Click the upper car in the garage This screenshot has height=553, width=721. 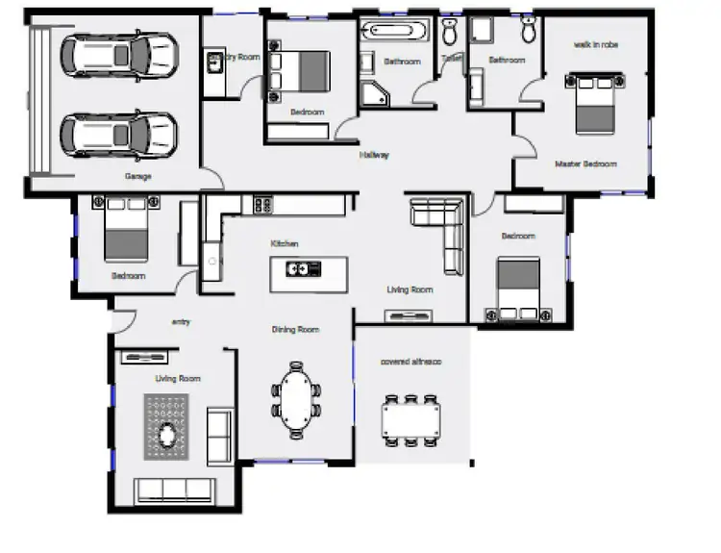pyautogui.click(x=120, y=54)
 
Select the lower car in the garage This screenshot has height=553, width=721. pyautogui.click(x=120, y=133)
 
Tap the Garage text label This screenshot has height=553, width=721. pyautogui.click(x=137, y=176)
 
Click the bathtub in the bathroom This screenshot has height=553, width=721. pyautogui.click(x=395, y=32)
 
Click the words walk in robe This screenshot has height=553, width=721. pyautogui.click(x=595, y=44)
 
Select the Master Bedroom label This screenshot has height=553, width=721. pyautogui.click(x=585, y=163)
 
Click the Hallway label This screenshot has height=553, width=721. pyautogui.click(x=374, y=155)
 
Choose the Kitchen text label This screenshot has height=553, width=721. pyautogui.click(x=285, y=243)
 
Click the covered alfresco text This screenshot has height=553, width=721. pyautogui.click(x=410, y=362)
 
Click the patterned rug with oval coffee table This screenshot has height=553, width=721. pyautogui.click(x=169, y=427)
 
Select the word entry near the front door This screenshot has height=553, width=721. pyautogui.click(x=180, y=322)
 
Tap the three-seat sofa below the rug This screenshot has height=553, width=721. pyautogui.click(x=174, y=490)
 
